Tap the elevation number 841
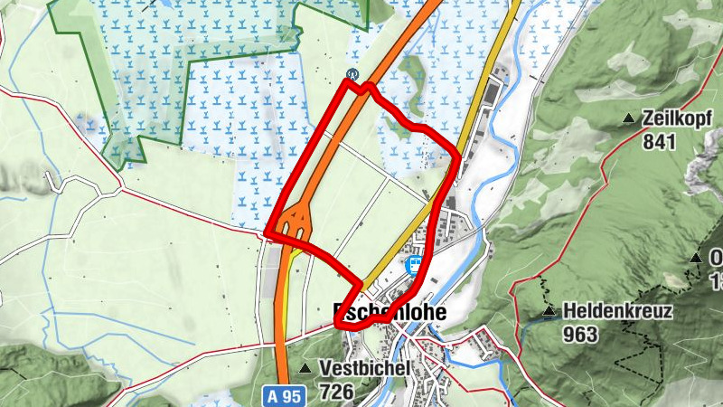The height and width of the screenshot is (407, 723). click(x=661, y=141)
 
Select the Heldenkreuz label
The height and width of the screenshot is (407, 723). click(x=615, y=312)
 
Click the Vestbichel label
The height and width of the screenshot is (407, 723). click(x=365, y=369)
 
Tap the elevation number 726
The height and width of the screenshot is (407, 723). click(x=335, y=393)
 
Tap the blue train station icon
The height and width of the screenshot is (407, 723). click(x=416, y=265)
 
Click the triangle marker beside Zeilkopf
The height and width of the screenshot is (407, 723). click(x=629, y=118)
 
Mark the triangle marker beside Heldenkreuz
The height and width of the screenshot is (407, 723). click(x=549, y=313)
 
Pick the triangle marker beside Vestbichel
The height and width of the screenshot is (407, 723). click(x=305, y=368)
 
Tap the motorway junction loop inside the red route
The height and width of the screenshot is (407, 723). click(x=296, y=220)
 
